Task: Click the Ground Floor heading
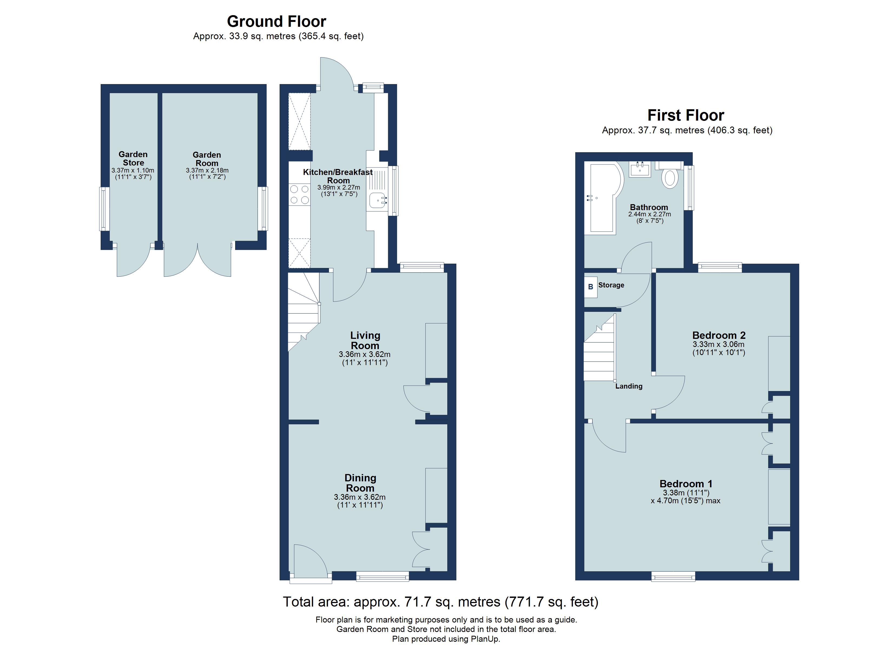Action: (276, 21)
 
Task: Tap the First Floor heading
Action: (685, 115)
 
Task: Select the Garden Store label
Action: (133, 158)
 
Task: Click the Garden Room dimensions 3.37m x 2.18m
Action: (207, 170)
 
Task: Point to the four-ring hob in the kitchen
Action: (299, 195)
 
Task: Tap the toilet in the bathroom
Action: (669, 178)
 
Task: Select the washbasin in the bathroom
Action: (639, 170)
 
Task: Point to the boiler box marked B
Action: (590, 287)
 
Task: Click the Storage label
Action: (611, 285)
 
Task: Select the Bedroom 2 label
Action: (718, 335)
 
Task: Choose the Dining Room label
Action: (360, 483)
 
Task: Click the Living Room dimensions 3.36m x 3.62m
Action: (365, 354)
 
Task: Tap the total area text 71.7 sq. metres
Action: (440, 602)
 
